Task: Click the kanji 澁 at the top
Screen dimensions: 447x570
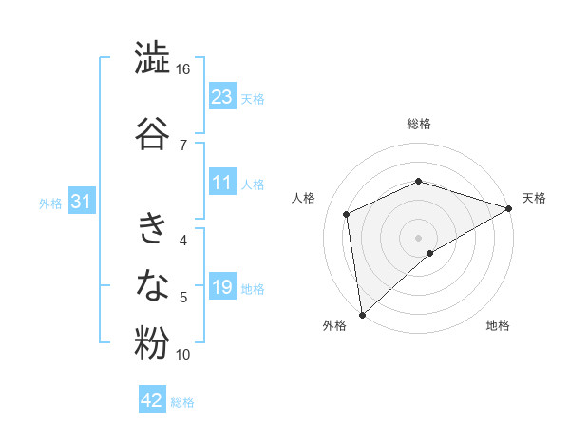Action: click(x=152, y=58)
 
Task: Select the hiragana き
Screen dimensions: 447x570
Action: click(x=152, y=228)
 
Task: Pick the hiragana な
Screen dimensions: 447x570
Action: click(x=152, y=284)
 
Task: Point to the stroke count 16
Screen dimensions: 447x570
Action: click(x=183, y=69)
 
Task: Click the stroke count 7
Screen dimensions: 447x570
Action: click(x=182, y=145)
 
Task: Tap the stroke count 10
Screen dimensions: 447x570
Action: click(x=183, y=355)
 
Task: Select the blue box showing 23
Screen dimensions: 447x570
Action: click(x=221, y=97)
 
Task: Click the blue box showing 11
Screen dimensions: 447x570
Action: click(x=221, y=183)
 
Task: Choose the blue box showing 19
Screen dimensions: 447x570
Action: click(x=221, y=287)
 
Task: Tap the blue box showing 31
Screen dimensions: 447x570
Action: click(x=81, y=203)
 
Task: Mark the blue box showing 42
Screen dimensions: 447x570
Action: click(x=151, y=400)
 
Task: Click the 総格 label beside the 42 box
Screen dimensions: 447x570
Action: click(x=182, y=402)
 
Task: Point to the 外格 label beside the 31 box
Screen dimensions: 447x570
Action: click(x=50, y=204)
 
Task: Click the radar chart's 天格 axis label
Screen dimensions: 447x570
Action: click(x=534, y=198)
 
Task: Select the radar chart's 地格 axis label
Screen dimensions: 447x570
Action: click(x=498, y=325)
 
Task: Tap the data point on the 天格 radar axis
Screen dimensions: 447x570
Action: click(x=509, y=208)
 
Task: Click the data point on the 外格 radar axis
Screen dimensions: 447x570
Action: click(x=362, y=314)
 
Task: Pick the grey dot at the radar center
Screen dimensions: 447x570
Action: click(x=418, y=237)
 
